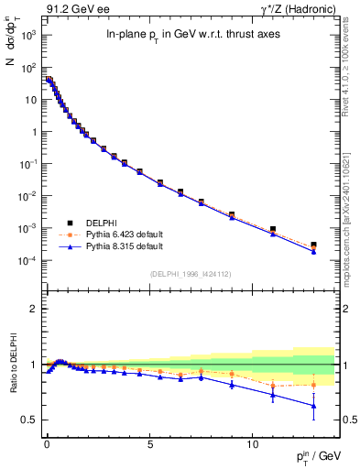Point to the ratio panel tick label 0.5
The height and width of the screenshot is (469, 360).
click(x=29, y=420)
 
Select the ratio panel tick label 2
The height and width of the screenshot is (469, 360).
click(x=33, y=309)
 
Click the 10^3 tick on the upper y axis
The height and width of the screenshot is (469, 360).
click(x=27, y=35)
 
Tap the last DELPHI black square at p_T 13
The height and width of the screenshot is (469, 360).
click(x=313, y=245)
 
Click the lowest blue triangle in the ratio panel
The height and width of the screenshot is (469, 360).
click(x=313, y=406)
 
